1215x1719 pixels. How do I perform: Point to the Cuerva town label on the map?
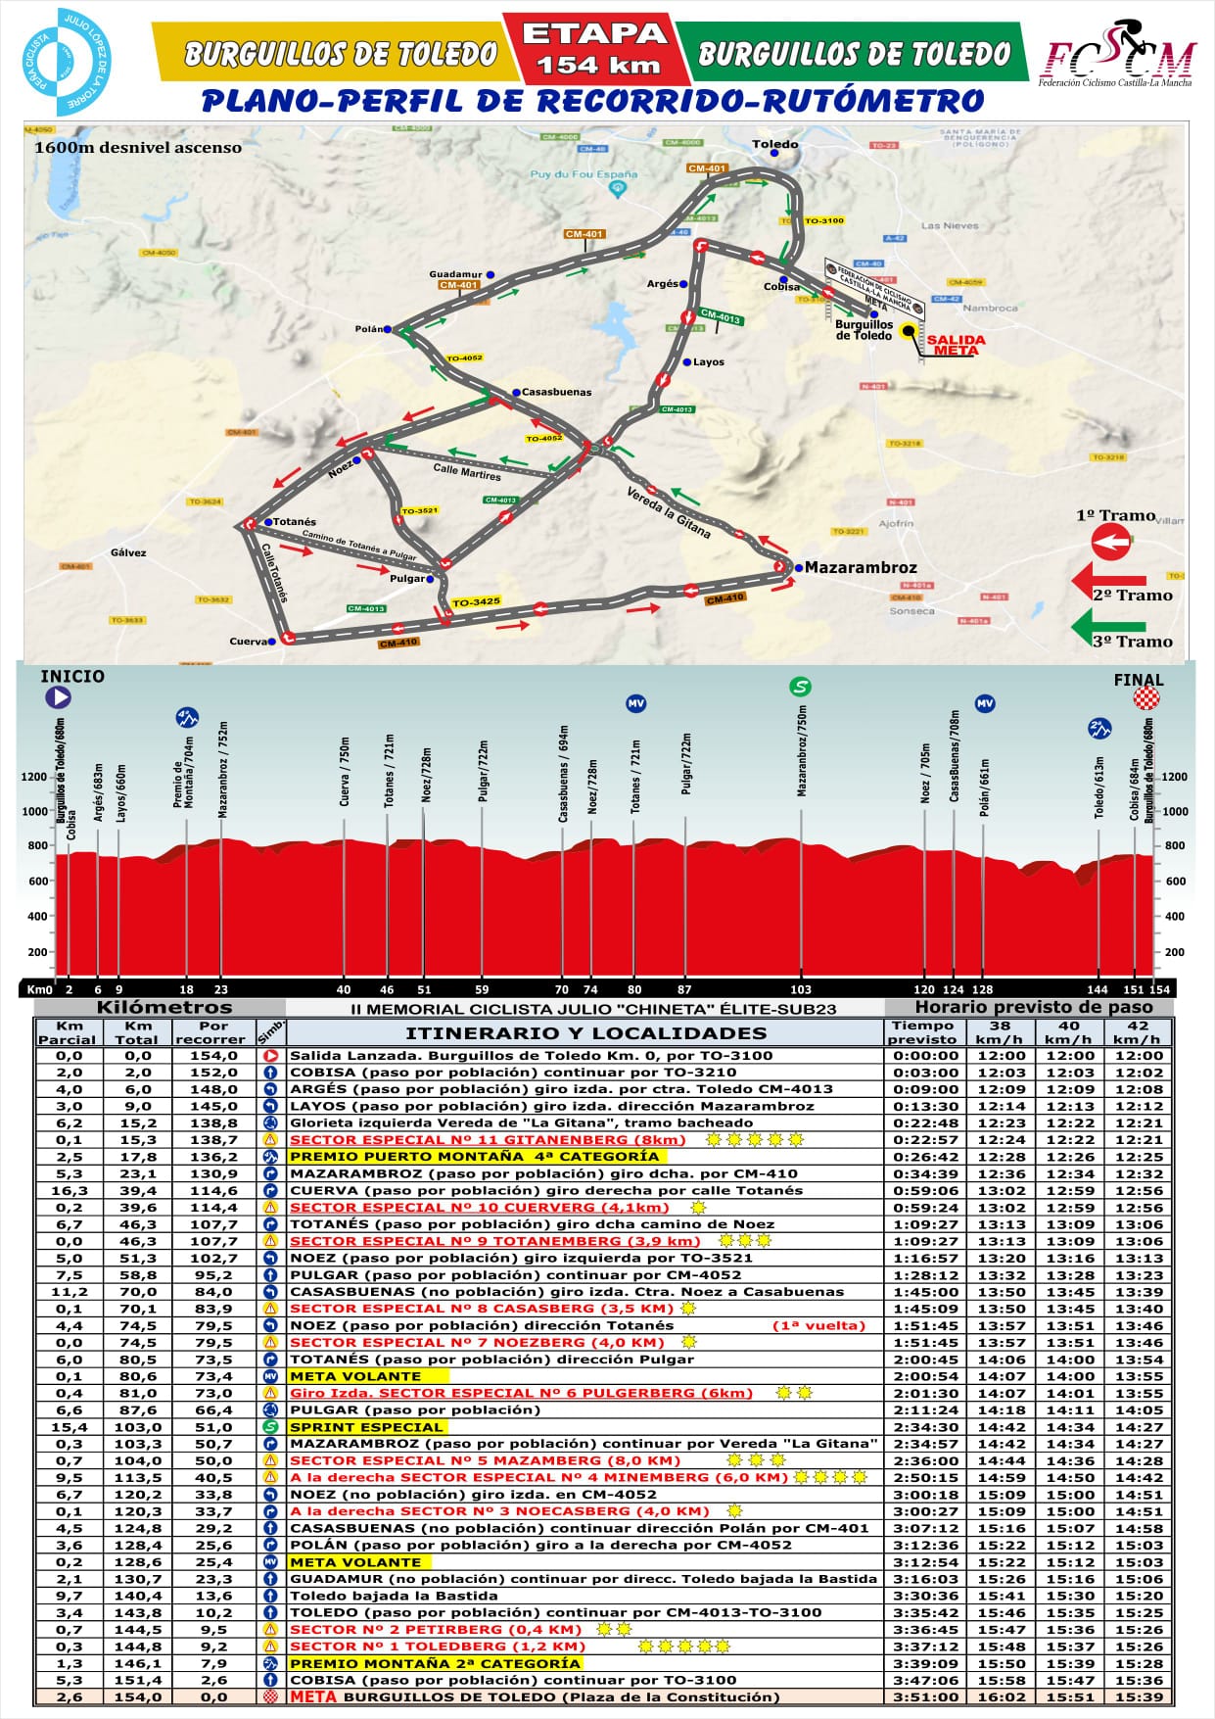click(x=249, y=642)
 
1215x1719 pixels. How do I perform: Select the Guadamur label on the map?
click(x=455, y=274)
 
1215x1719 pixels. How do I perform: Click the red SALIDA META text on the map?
click(x=956, y=345)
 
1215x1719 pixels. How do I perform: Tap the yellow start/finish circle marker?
click(x=911, y=332)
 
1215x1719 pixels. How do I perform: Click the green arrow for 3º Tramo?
click(x=1108, y=624)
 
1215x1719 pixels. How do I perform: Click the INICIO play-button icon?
click(x=58, y=697)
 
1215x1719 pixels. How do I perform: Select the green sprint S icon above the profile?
click(x=801, y=686)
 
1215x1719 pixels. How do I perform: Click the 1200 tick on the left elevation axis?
click(x=34, y=777)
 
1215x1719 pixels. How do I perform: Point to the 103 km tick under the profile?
click(x=801, y=989)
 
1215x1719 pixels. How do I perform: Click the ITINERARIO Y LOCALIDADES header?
click(x=585, y=1033)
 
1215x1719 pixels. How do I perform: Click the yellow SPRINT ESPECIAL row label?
click(x=366, y=1427)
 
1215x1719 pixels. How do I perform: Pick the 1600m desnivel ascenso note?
click(x=137, y=148)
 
